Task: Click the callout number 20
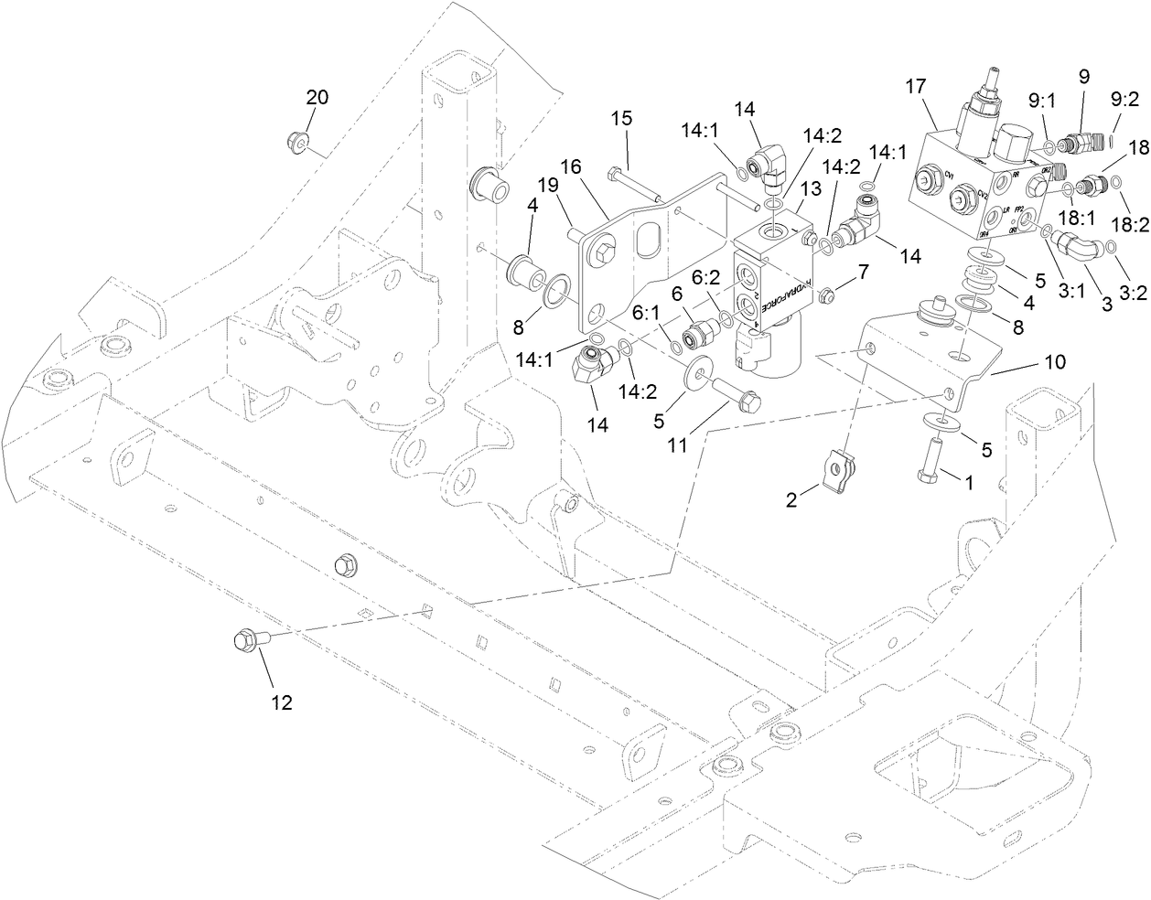pos(317,98)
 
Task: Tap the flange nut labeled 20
pos(296,140)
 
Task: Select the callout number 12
pos(281,702)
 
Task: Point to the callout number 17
pos(916,88)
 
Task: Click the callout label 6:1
pos(646,312)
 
